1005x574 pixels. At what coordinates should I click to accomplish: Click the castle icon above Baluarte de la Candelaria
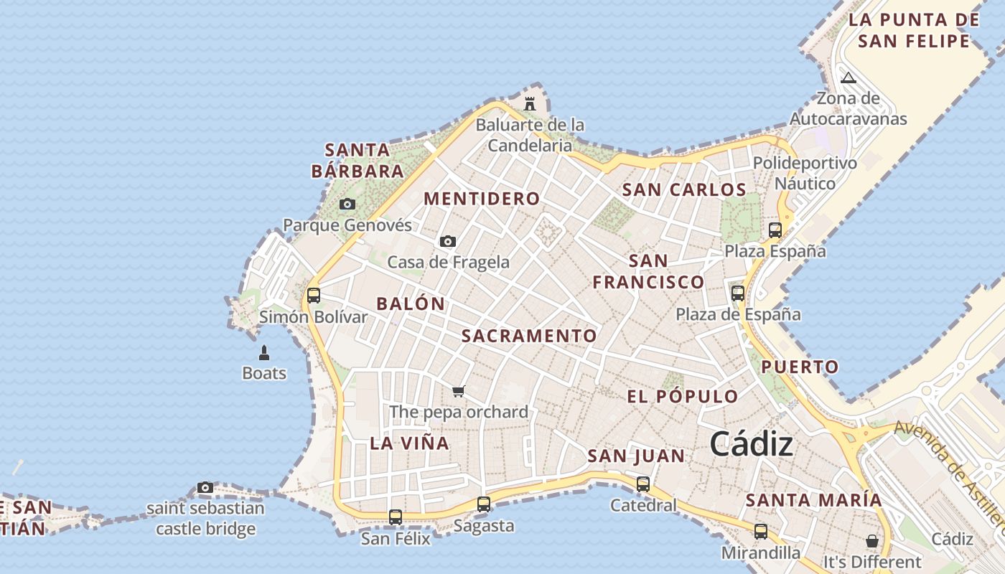click(x=530, y=103)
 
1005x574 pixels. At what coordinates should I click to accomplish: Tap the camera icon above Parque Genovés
click(x=347, y=204)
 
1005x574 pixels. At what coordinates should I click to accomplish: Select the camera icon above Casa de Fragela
click(x=448, y=241)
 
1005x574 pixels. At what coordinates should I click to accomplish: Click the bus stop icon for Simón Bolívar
click(x=314, y=295)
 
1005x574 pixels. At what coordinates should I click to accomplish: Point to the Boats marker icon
click(x=264, y=352)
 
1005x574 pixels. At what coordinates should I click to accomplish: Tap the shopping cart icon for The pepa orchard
click(x=459, y=391)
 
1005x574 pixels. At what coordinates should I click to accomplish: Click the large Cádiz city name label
click(x=752, y=445)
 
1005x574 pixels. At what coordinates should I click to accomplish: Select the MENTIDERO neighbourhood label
click(x=482, y=199)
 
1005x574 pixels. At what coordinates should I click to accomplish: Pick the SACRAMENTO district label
click(x=529, y=336)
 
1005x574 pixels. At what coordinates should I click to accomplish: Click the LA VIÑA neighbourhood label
click(x=410, y=443)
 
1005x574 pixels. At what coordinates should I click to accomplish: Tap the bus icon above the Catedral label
click(x=643, y=484)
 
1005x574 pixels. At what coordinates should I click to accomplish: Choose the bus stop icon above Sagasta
click(x=484, y=504)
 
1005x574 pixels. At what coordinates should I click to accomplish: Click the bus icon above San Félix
click(x=396, y=517)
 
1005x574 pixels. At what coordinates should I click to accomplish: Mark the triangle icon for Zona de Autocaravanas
click(x=849, y=77)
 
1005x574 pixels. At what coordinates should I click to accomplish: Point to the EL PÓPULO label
click(x=682, y=396)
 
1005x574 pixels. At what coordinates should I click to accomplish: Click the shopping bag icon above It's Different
click(x=872, y=540)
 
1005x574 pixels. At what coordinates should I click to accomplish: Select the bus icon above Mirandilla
click(x=761, y=532)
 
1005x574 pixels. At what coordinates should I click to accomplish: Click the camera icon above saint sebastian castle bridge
click(x=205, y=488)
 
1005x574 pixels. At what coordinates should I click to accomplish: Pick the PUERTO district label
click(x=800, y=367)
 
